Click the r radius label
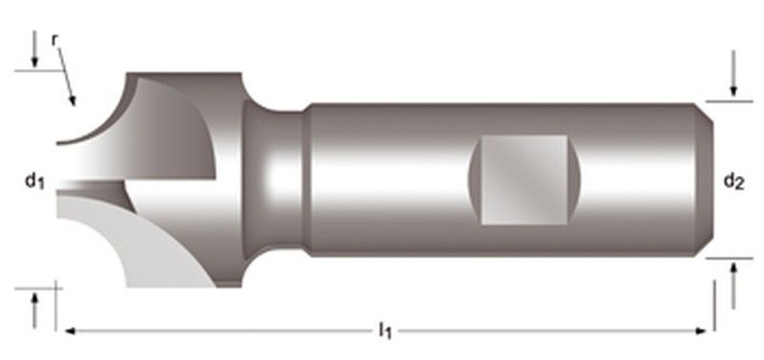point(55,41)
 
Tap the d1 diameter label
point(34,182)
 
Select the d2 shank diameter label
point(733,181)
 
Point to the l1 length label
point(385,331)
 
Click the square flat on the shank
point(524,180)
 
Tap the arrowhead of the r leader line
point(73,100)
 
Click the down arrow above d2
point(733,74)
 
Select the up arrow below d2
point(733,286)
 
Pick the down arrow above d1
point(34,49)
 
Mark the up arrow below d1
point(34,309)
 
